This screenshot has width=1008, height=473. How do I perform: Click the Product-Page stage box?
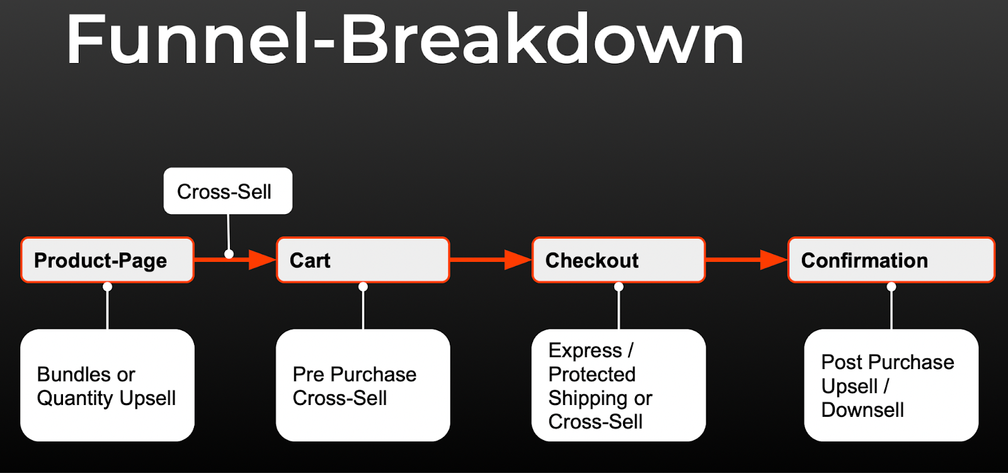[107, 260]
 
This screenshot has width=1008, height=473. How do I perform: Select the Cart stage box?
[363, 260]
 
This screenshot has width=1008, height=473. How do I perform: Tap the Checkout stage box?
[618, 260]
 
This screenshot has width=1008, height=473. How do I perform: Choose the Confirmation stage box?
[891, 260]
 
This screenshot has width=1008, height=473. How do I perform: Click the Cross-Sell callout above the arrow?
[227, 191]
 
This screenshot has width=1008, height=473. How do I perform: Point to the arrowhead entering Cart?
[263, 259]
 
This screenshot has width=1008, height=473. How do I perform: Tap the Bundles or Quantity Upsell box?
[107, 385]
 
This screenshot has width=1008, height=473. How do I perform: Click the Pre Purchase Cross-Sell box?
[363, 385]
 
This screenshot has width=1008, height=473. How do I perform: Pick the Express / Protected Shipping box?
[618, 385]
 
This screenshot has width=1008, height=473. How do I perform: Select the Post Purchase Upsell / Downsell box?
[891, 385]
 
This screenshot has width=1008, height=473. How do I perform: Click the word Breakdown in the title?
[542, 39]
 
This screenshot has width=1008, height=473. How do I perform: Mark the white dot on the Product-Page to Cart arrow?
[229, 254]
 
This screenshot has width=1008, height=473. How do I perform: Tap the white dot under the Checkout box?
[619, 287]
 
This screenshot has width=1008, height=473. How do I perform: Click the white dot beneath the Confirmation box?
[891, 287]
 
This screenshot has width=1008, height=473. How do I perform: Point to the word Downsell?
[862, 410]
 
